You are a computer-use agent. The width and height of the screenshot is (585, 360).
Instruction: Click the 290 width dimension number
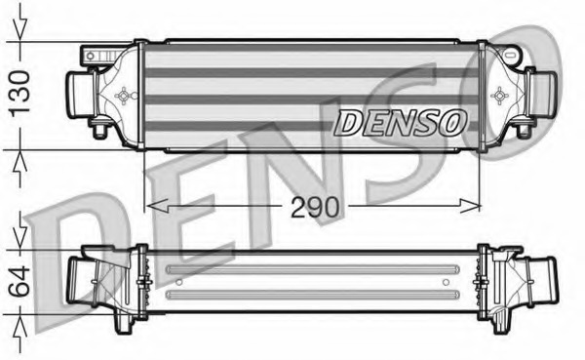313,207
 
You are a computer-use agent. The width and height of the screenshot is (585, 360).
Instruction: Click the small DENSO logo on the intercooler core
400,122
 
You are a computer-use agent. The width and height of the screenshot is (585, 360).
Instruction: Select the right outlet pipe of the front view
542,96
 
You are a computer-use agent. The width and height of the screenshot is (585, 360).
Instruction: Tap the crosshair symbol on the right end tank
501,96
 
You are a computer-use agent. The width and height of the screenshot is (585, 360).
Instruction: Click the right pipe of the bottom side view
539,280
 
